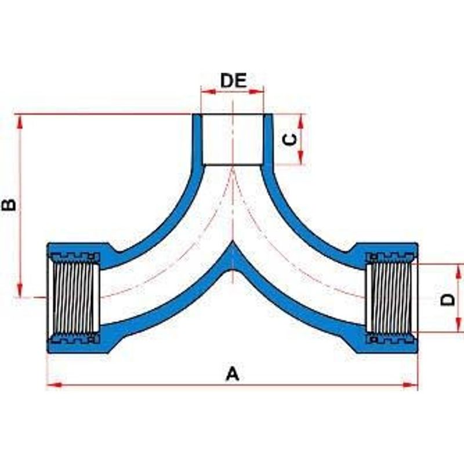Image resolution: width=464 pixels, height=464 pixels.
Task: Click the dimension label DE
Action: (233, 81)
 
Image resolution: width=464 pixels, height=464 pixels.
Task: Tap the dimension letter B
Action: (9, 205)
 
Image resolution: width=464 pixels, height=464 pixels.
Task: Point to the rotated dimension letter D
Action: (448, 299)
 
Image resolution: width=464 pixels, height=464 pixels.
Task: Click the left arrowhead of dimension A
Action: (55, 385)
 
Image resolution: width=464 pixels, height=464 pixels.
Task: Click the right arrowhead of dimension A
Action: (411, 385)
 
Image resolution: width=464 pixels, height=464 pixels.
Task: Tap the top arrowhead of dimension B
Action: (20, 121)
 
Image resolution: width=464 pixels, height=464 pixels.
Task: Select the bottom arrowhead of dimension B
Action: (20, 289)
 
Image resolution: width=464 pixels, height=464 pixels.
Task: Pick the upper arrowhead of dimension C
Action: (301, 121)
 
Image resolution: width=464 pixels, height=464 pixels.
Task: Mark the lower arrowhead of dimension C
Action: (301, 157)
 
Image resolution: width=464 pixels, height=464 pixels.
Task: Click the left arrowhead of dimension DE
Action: (208, 92)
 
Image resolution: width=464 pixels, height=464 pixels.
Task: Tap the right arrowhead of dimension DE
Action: (256, 92)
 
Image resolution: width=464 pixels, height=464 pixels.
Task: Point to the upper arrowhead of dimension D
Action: (459, 271)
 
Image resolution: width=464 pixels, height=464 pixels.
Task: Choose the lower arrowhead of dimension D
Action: (459, 325)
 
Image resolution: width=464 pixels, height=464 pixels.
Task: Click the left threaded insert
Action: (74, 298)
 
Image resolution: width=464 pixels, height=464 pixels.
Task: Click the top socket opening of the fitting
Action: (233, 139)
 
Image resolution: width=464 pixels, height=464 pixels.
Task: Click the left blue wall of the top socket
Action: (197, 139)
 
